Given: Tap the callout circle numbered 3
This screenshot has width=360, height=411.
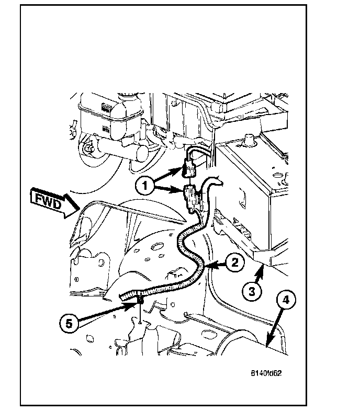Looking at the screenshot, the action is [253, 292].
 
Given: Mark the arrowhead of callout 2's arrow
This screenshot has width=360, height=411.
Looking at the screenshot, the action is [207, 267].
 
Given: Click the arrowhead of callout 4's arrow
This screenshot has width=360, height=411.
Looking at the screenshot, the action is [267, 345].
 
